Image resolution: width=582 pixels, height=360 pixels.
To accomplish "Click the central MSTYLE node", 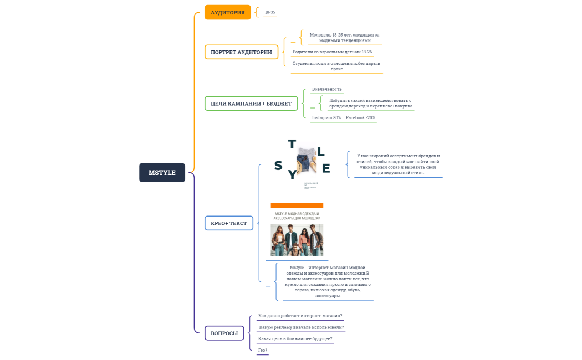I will [162, 173].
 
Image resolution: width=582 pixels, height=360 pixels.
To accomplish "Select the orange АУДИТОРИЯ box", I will [227, 12].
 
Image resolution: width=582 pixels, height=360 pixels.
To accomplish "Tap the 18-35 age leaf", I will [270, 12].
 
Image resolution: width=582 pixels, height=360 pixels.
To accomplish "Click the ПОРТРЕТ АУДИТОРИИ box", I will [241, 52].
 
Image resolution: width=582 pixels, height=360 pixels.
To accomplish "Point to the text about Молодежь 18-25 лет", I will [344, 38].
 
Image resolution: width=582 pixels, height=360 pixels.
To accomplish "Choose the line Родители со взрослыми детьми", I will [332, 52].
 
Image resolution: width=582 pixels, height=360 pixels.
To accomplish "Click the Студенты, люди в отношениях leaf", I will [336, 66].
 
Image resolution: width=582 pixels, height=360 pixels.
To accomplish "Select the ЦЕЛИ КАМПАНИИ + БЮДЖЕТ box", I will [251, 104].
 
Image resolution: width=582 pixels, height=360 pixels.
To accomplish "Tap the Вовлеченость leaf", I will [326, 89].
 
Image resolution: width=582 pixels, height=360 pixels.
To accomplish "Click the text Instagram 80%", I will [326, 117].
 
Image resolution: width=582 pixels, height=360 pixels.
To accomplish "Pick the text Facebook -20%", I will [360, 117].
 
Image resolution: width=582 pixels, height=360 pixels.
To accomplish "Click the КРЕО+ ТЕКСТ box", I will [229, 223].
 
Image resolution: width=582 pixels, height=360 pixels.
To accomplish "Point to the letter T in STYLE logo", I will [292, 145].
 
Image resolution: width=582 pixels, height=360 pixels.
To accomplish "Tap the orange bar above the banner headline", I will [297, 205].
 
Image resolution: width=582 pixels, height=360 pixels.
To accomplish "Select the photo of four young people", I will [297, 240].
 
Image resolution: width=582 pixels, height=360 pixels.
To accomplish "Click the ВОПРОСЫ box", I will [224, 333].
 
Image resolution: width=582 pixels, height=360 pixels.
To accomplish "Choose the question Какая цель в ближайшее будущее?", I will [295, 338].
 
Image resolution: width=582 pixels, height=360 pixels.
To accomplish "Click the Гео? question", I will [263, 350].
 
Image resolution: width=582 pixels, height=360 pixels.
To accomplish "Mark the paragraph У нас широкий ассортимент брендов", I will [398, 164].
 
